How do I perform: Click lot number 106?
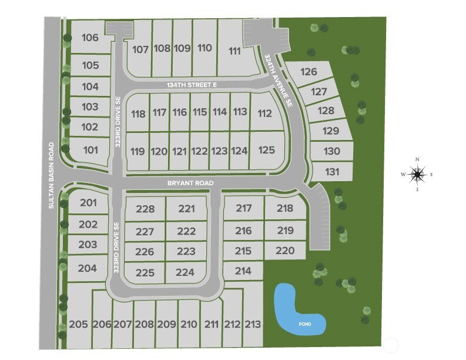[90, 38]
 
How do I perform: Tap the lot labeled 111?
[234, 51]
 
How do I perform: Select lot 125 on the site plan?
[266, 150]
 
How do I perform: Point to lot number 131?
[332, 172]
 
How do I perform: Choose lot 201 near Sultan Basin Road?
[88, 203]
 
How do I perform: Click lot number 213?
[253, 324]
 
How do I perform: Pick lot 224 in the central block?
[185, 272]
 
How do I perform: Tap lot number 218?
[284, 208]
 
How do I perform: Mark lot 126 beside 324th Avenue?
[309, 72]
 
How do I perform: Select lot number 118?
[138, 114]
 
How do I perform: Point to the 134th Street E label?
[192, 85]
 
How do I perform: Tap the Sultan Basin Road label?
[52, 175]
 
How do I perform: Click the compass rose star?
[417, 174]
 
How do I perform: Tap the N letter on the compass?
[417, 159]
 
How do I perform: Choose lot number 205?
[78, 324]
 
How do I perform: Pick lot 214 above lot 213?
[243, 271]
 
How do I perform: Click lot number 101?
[90, 150]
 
